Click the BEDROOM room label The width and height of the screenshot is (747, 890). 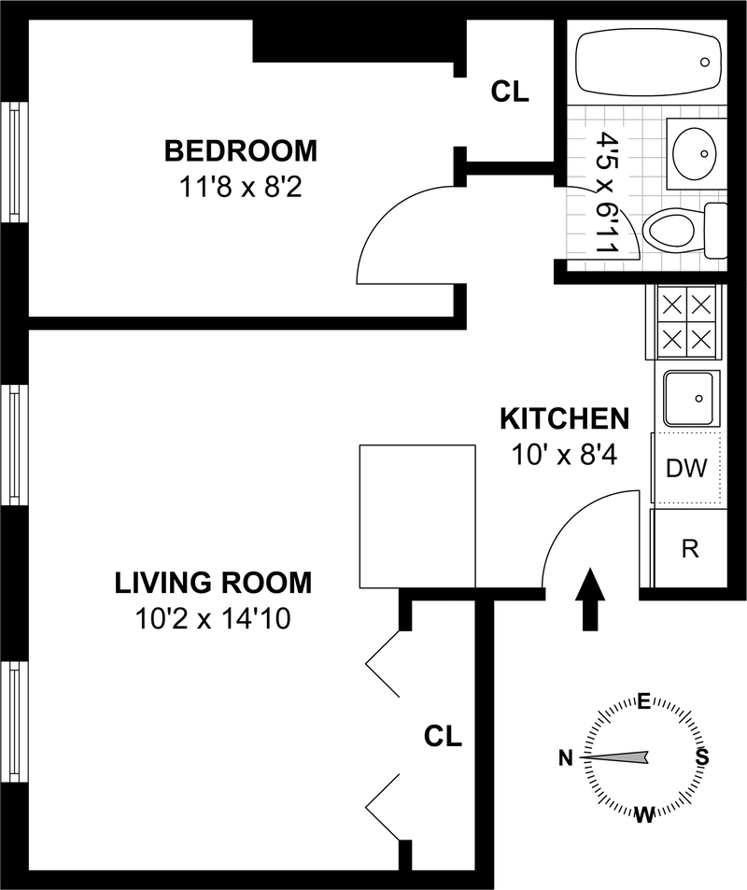click(241, 149)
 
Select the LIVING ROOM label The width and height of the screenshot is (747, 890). click(213, 584)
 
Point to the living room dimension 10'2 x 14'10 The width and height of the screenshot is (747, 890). click(213, 619)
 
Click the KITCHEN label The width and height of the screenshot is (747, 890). click(563, 417)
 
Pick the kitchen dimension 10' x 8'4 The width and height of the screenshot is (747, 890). click(563, 454)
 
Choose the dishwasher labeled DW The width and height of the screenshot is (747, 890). click(686, 468)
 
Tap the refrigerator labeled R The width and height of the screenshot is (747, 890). click(690, 548)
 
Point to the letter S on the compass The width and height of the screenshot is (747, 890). click(701, 757)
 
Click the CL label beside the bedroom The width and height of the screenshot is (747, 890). click(510, 92)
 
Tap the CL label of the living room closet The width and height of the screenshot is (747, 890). click(443, 735)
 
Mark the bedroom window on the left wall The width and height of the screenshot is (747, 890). click(14, 161)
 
